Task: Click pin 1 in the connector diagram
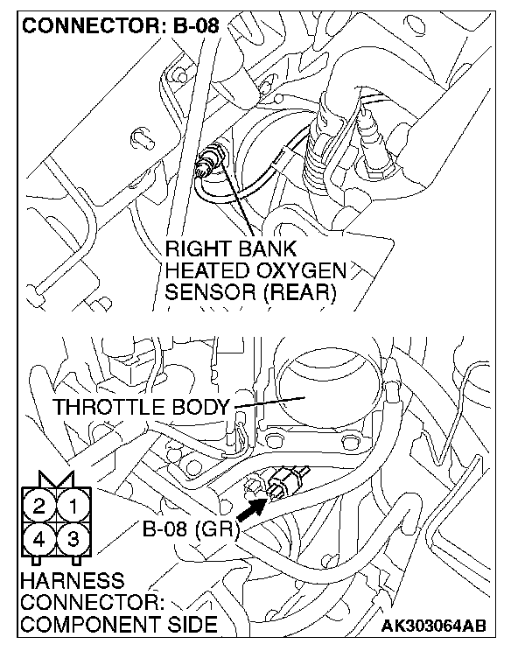click(74, 505)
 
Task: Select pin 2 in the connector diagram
click(39, 505)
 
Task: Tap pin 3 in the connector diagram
click(74, 538)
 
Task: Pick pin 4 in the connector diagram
click(39, 538)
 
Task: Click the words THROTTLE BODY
click(140, 407)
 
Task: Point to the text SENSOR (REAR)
click(251, 293)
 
